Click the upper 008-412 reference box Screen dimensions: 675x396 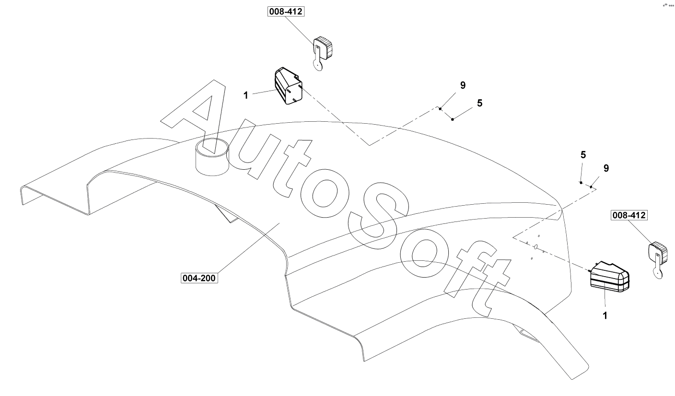[x=286, y=12]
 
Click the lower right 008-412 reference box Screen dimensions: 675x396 [x=628, y=216]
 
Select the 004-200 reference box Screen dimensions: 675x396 [x=199, y=278]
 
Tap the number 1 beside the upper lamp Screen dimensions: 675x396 [x=246, y=95]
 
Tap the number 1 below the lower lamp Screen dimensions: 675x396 [x=605, y=315]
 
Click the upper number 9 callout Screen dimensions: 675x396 [x=463, y=85]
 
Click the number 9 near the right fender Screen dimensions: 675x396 [x=606, y=168]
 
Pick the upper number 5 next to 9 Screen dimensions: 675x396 [x=479, y=103]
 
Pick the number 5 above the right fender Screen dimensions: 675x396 [x=583, y=155]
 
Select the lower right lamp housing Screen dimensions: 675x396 [x=609, y=278]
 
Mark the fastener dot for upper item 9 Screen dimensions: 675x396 [x=440, y=109]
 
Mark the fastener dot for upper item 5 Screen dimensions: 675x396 [x=453, y=119]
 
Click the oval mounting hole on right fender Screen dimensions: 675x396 [x=536, y=247]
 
